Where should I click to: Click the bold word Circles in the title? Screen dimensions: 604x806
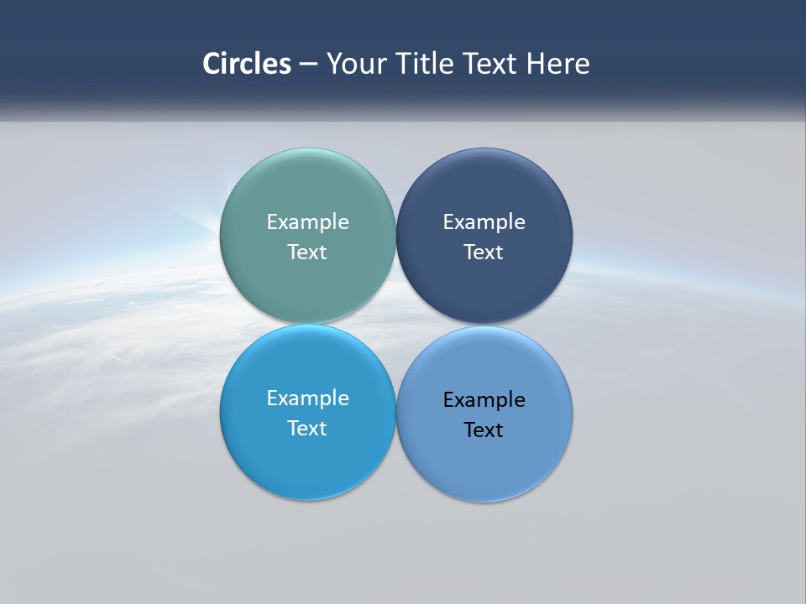pos(247,64)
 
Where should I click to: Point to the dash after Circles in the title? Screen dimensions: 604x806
pos(308,64)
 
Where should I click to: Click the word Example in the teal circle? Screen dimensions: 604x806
pos(307,222)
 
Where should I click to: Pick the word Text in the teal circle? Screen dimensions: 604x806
pos(307,253)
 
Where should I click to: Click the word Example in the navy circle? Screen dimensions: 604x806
pos(484,222)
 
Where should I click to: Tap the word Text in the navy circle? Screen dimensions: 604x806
pos(484,253)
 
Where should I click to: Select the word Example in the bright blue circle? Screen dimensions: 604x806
pos(307,398)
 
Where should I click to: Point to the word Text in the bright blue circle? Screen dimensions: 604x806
pos(307,429)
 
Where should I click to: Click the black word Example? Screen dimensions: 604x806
pos(484,400)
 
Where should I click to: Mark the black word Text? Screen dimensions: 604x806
pos(484,430)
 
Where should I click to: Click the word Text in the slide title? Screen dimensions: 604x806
pos(491,64)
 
